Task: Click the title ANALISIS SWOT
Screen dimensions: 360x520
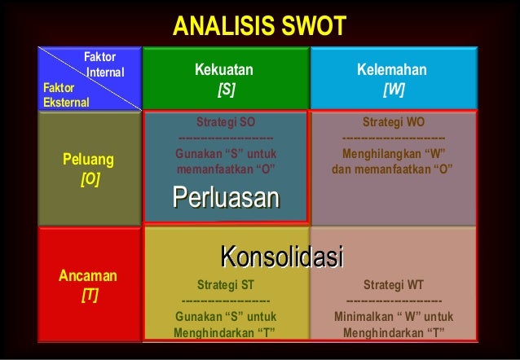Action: coord(260,28)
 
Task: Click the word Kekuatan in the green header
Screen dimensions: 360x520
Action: coord(224,70)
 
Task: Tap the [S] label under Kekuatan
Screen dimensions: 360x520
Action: coord(225,88)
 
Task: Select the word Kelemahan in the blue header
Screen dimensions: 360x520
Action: coord(392,70)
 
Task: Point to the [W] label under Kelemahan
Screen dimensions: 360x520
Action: coord(393,88)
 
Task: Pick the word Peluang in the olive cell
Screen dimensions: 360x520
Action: coord(89,158)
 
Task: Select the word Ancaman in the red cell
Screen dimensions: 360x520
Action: coord(88,276)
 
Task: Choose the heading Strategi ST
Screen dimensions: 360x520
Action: coord(226,285)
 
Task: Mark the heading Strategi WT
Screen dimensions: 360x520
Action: coord(393,285)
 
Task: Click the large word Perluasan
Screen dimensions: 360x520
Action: coord(226,198)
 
